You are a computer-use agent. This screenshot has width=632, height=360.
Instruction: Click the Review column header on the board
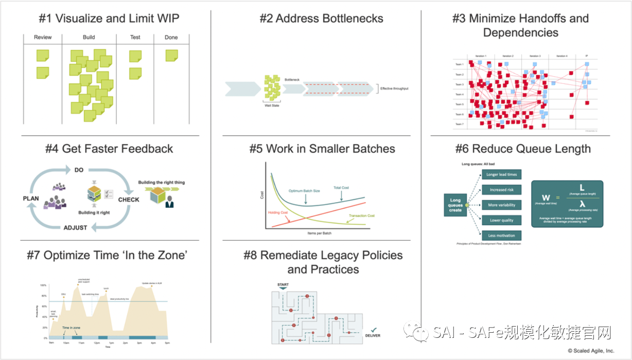coord(43,38)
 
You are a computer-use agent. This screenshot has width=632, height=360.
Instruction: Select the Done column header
coord(171,38)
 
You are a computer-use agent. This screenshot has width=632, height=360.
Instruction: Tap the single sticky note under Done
coord(172,55)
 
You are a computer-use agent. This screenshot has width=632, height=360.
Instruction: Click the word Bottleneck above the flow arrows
coord(292,80)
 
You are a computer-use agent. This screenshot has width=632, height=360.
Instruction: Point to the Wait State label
coord(272,105)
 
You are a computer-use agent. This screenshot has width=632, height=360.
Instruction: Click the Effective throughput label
coord(394,88)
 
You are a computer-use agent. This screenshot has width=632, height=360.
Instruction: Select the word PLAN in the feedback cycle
coord(31,198)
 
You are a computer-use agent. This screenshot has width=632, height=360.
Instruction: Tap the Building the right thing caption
coord(161,183)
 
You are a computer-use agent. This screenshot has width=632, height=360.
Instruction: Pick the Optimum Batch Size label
coord(304,191)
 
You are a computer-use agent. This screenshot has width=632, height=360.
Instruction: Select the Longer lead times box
coord(501,175)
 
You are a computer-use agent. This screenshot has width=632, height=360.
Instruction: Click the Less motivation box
coord(501,236)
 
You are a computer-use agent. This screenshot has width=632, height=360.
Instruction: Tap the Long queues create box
coord(455,205)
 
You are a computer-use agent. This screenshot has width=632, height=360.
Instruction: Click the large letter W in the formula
coord(546,198)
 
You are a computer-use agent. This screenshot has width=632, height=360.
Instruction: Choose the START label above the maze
coord(283,284)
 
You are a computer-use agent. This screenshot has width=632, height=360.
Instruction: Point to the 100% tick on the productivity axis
coord(44,285)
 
